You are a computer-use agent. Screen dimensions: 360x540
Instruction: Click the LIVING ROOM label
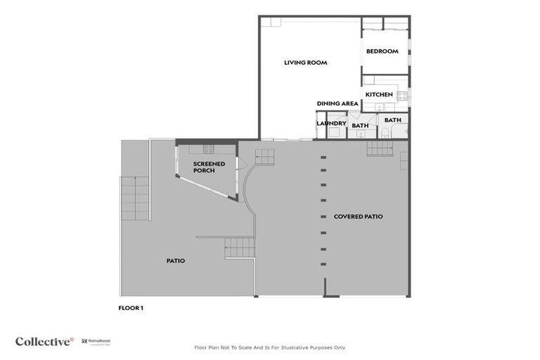click(x=305, y=63)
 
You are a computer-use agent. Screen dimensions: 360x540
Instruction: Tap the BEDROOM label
click(x=382, y=51)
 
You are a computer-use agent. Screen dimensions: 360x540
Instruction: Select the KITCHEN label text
click(x=378, y=94)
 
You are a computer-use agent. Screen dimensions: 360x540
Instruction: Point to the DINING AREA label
click(x=337, y=103)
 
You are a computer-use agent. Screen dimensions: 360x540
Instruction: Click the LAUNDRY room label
click(x=331, y=124)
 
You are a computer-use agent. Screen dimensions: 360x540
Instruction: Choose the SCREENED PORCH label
click(x=209, y=167)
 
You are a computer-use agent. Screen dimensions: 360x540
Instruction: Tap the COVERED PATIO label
click(x=358, y=217)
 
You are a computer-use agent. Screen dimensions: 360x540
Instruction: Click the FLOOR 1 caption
click(x=131, y=307)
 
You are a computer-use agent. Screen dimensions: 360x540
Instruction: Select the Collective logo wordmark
click(x=44, y=342)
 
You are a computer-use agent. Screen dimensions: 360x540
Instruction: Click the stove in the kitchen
click(x=402, y=96)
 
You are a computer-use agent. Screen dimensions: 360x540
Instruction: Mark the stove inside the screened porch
click(x=208, y=149)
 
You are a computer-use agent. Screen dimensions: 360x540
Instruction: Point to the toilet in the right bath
click(x=385, y=132)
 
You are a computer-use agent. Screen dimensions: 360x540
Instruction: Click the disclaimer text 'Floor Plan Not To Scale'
click(x=269, y=347)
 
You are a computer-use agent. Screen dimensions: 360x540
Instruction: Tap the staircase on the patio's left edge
click(x=134, y=199)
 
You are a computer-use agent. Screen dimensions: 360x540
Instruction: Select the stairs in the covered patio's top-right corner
click(x=379, y=148)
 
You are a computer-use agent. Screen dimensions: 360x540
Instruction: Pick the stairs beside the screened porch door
click(x=264, y=157)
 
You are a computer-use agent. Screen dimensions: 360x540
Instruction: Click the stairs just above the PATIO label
click(x=239, y=247)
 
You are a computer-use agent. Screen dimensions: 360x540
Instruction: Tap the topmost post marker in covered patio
click(x=323, y=157)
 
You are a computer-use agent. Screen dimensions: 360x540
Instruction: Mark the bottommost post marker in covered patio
click(x=323, y=264)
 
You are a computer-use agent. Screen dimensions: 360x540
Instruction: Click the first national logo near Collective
click(x=96, y=341)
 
